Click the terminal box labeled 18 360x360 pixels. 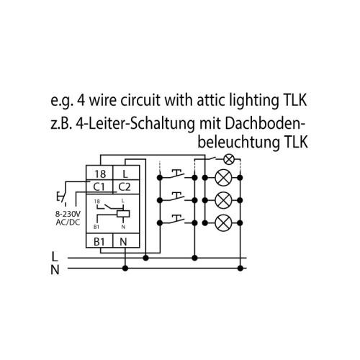[x=99, y=173]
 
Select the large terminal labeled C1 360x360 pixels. [x=99, y=186]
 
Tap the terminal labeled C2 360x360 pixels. [x=126, y=186]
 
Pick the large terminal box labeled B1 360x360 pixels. [x=99, y=240]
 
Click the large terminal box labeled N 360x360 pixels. [x=126, y=240]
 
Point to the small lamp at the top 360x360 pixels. [x=229, y=160]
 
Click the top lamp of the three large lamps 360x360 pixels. [x=223, y=178]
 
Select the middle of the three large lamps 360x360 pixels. [x=223, y=200]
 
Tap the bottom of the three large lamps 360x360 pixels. [x=223, y=222]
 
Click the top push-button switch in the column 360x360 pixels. [x=177, y=174]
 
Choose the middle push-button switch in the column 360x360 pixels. [x=177, y=197]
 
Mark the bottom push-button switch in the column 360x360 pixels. [x=177, y=220]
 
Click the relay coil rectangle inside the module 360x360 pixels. [x=123, y=214]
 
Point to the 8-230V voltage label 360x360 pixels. [x=68, y=214]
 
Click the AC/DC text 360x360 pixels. [x=68, y=222]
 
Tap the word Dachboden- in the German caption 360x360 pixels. [x=265, y=124]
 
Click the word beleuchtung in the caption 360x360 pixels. [x=239, y=142]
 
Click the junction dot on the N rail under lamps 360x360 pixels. [x=240, y=268]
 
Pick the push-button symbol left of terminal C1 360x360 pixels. [x=61, y=197]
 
